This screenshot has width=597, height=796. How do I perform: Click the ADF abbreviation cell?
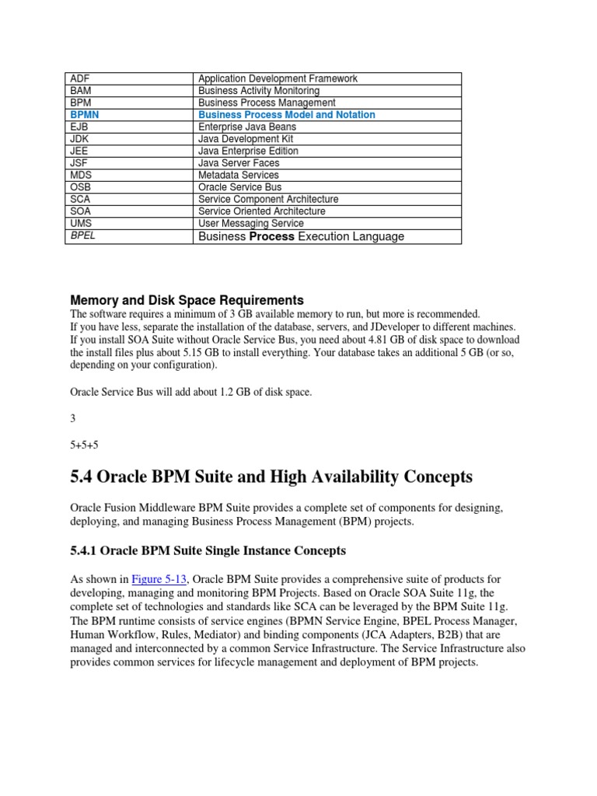pos(80,79)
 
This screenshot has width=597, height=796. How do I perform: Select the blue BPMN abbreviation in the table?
pos(84,115)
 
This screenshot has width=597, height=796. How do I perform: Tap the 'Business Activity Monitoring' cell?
pos(259,91)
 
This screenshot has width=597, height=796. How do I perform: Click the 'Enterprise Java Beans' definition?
pos(248,127)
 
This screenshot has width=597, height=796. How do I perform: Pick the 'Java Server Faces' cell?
pos(239,163)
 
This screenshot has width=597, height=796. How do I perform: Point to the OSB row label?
pos(81,187)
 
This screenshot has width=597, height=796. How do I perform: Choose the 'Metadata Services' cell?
pos(239,176)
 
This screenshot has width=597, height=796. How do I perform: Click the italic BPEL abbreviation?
pos(83,236)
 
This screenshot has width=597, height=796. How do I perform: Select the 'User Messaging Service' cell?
pos(251,224)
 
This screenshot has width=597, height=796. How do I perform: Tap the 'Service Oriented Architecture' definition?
pos(262,211)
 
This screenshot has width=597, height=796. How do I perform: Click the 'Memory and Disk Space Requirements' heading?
pos(187,300)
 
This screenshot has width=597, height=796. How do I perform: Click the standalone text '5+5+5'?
pos(84,445)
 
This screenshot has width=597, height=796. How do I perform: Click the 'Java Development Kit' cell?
pos(246,139)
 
